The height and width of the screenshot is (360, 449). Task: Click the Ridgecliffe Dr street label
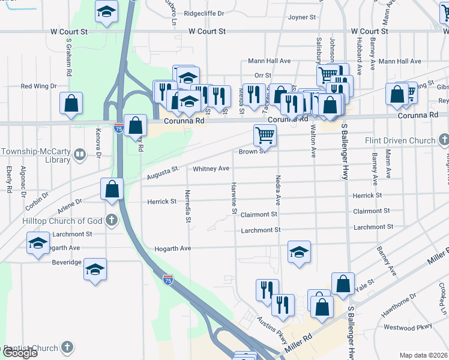(x=204, y=13)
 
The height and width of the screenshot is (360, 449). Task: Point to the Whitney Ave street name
(x=211, y=169)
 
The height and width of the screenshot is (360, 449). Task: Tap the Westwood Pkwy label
(x=408, y=328)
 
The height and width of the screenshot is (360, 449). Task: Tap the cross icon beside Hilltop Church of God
(x=111, y=220)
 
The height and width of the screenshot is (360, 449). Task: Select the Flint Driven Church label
(x=400, y=141)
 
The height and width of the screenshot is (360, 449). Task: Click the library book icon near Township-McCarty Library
(x=79, y=156)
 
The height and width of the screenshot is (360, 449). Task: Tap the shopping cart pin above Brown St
(x=265, y=135)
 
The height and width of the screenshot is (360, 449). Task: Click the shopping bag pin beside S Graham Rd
(x=71, y=103)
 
